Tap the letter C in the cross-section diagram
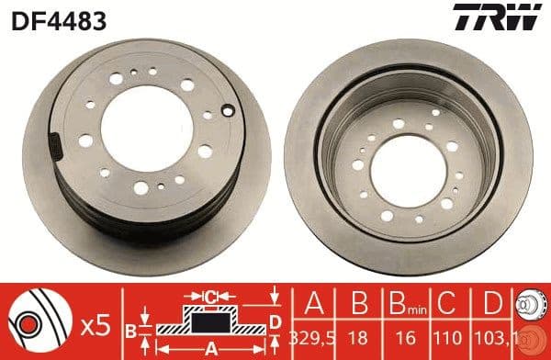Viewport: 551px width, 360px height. pyautogui.click(x=211, y=297)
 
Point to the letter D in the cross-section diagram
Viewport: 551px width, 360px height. pyautogui.click(x=274, y=321)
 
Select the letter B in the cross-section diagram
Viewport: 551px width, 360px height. pyautogui.click(x=130, y=327)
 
